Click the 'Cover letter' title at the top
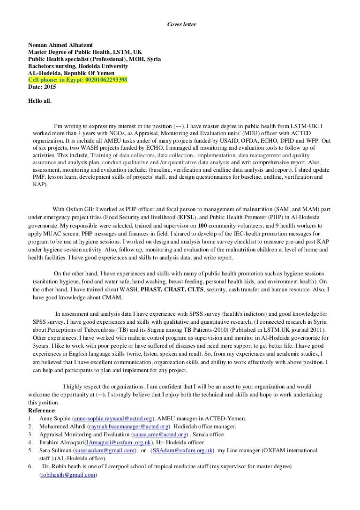coord(180,24)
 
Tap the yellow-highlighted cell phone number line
coord(77,80)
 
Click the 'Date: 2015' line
coord(42,87)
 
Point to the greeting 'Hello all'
coord(40,101)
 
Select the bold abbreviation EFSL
coord(187,218)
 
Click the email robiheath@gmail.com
coord(68,475)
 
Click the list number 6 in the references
coord(30,467)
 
